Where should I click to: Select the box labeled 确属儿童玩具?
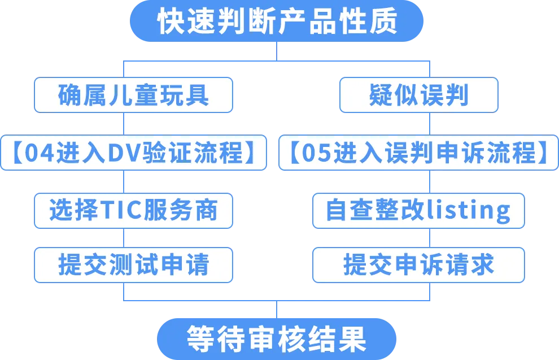133,95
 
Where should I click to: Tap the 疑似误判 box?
418,95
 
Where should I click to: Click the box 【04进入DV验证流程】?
133,153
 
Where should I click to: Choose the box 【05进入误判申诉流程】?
418,153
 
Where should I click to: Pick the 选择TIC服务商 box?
133,210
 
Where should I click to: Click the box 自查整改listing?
418,210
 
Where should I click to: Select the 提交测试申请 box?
133,264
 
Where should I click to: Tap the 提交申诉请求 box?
418,264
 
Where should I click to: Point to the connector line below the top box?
277,50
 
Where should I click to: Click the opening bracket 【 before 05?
294,153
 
